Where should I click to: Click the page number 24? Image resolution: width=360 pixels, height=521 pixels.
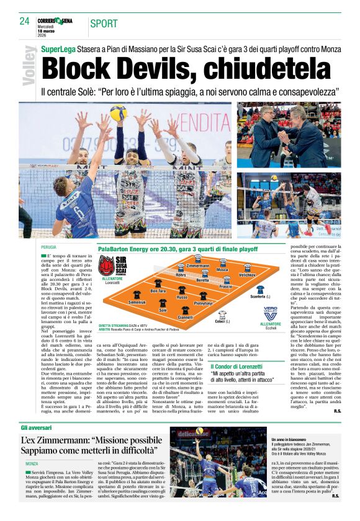pos(24,21)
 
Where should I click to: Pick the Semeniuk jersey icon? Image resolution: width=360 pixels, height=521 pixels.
pos(137,294)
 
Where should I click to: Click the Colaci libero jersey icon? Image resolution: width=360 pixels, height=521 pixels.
pos(222,314)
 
